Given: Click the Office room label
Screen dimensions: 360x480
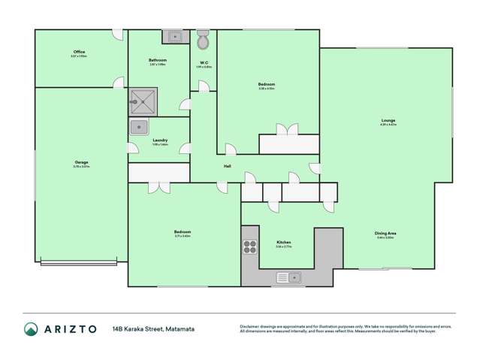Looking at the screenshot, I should click(79, 52).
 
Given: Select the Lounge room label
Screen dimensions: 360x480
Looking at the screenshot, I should click(388, 120).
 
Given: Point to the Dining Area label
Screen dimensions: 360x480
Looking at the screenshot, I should click(385, 234).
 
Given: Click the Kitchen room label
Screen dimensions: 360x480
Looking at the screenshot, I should click(282, 243).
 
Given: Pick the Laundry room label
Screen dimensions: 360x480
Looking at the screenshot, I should click(159, 140).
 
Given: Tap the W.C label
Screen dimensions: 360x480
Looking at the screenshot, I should click(204, 62).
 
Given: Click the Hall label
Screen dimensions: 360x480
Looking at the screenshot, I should click(226, 166).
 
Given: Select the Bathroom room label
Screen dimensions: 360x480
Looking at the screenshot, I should click(157, 60).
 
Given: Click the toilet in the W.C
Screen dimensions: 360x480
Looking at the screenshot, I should click(203, 39).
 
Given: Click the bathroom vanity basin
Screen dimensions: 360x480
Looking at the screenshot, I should click(174, 36).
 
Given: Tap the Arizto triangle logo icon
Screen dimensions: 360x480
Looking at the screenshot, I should click(31, 329).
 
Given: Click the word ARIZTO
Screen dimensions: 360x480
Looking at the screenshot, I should click(70, 329).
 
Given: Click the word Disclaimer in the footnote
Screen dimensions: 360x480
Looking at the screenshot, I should click(252, 325).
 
